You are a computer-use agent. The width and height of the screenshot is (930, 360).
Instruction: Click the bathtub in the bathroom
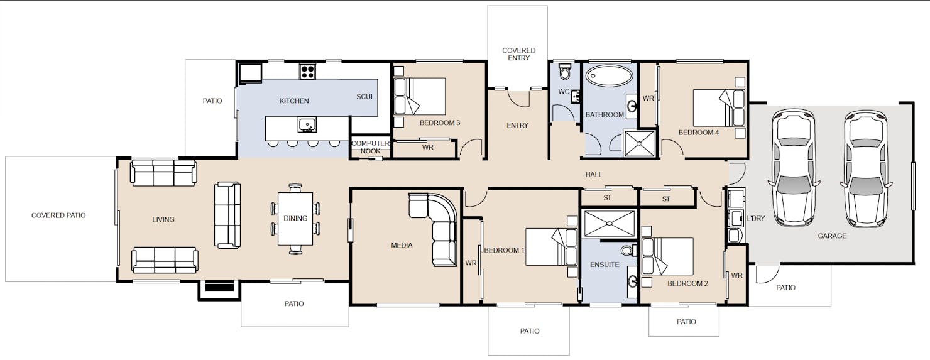click(609, 76)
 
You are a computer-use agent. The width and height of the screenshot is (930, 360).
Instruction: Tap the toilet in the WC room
click(565, 72)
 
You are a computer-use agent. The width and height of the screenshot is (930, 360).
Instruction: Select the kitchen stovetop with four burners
click(307, 72)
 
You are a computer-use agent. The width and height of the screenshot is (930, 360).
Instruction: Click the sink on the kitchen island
click(307, 124)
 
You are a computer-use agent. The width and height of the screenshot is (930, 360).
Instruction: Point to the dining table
click(295, 219)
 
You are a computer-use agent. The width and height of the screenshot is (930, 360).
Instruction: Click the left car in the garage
click(794, 167)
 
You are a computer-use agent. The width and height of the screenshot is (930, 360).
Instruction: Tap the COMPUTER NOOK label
click(370, 147)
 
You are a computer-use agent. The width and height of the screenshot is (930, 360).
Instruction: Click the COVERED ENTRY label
click(518, 54)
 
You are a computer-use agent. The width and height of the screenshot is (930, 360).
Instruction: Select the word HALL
click(593, 175)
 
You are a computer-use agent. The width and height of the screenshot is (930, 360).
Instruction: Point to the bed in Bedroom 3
click(419, 96)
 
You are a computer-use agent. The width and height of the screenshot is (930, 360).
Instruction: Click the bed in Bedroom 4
click(719, 108)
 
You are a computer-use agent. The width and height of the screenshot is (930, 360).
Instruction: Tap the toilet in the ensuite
click(629, 251)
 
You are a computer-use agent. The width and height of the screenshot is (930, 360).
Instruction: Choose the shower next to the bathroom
click(640, 143)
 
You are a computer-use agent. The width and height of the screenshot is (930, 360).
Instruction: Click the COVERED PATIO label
click(58, 215)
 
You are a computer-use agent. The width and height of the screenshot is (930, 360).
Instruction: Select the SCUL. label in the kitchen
click(366, 97)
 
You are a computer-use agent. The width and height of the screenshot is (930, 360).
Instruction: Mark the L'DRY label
click(755, 218)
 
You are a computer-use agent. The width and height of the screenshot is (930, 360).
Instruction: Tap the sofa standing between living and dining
click(227, 215)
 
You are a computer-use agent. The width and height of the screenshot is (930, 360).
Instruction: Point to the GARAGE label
click(831, 236)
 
